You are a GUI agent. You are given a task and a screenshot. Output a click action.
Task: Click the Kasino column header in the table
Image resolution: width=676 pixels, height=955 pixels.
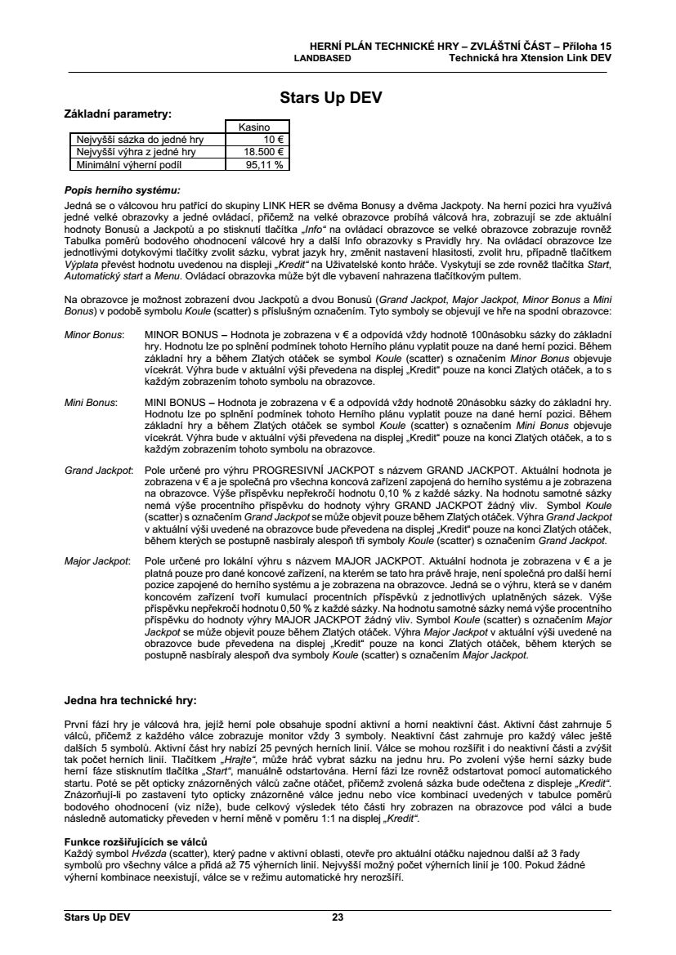pyautogui.click(x=257, y=127)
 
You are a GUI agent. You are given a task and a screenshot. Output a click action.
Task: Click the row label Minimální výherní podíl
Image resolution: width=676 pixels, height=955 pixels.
pyautogui.click(x=132, y=164)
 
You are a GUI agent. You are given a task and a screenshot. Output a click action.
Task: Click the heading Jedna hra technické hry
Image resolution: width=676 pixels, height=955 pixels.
pyautogui.click(x=131, y=700)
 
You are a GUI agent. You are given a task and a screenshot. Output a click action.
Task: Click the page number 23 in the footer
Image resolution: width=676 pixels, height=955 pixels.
pyautogui.click(x=338, y=917)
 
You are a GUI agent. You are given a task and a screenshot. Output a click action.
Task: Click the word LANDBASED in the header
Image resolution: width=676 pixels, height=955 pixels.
pyautogui.click(x=323, y=59)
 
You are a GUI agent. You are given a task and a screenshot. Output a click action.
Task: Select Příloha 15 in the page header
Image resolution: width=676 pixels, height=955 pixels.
pyautogui.click(x=586, y=47)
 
